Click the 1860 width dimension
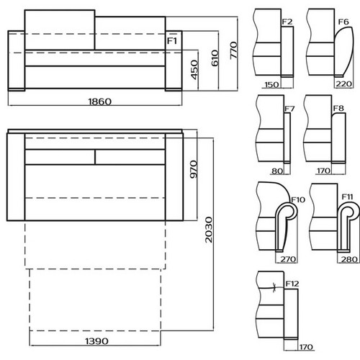pyautogui.click(x=100, y=102)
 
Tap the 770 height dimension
pyautogui.click(x=233, y=50)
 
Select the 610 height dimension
pyautogui.click(x=215, y=58)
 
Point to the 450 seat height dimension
pyautogui.click(x=194, y=70)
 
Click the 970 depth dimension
pyautogui.click(x=193, y=169)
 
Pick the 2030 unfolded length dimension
pyautogui.click(x=209, y=230)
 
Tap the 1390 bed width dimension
pyautogui.click(x=96, y=341)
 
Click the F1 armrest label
pyautogui.click(x=172, y=41)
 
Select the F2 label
pyautogui.click(x=287, y=22)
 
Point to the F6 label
pyautogui.click(x=343, y=22)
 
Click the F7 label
pyautogui.click(x=289, y=109)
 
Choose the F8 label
pyautogui.click(x=338, y=109)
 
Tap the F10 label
pyautogui.click(x=298, y=199)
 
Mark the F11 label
pyautogui.click(x=347, y=197)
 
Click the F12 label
pyautogui.click(x=292, y=284)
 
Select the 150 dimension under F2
pyautogui.click(x=271, y=85)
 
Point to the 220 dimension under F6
pyautogui.click(x=343, y=84)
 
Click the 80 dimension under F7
pyautogui.click(x=277, y=171)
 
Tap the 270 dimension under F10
pyautogui.click(x=288, y=259)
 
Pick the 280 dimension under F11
pyautogui.click(x=349, y=259)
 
